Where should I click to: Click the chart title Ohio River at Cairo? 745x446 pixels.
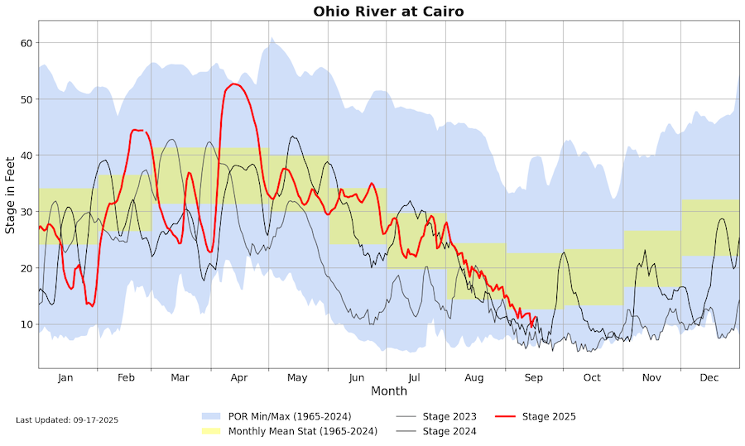tap(388, 12)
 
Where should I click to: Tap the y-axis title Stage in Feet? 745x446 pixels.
tap(11, 194)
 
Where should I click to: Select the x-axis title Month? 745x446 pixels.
tap(388, 391)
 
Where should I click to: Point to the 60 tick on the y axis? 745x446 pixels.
tap(26, 43)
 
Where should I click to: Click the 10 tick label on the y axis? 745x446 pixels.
tap(26, 324)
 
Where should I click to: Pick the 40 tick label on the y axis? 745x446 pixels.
tap(26, 156)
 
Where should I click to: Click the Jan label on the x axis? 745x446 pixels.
tap(65, 377)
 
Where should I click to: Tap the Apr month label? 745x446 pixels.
tap(239, 377)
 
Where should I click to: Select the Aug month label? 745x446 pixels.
tap(473, 377)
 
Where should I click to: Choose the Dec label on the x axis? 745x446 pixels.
tap(709, 377)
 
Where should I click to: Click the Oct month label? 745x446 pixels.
tap(591, 377)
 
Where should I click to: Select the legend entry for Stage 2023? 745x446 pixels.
tap(448, 416)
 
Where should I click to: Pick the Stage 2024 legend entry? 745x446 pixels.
tap(448, 431)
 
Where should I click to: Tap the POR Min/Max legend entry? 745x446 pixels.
tap(290, 416)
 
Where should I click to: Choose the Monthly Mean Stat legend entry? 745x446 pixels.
tap(302, 431)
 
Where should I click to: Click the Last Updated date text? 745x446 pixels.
tap(67, 420)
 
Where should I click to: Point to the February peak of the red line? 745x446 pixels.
tap(135, 130)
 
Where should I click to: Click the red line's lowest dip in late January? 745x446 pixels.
tap(92, 306)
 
